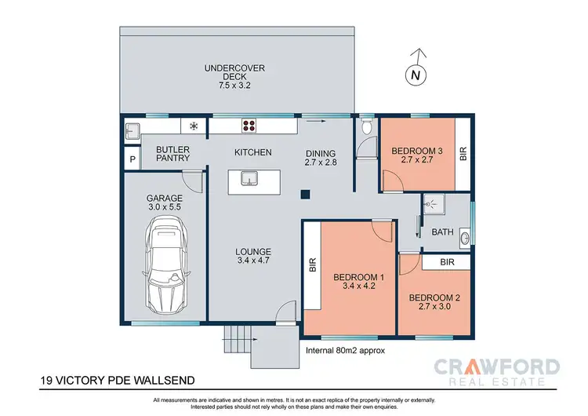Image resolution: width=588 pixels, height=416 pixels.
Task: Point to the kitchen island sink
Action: click(x=250, y=178)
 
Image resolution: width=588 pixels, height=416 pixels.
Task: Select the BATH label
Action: click(x=441, y=232)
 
